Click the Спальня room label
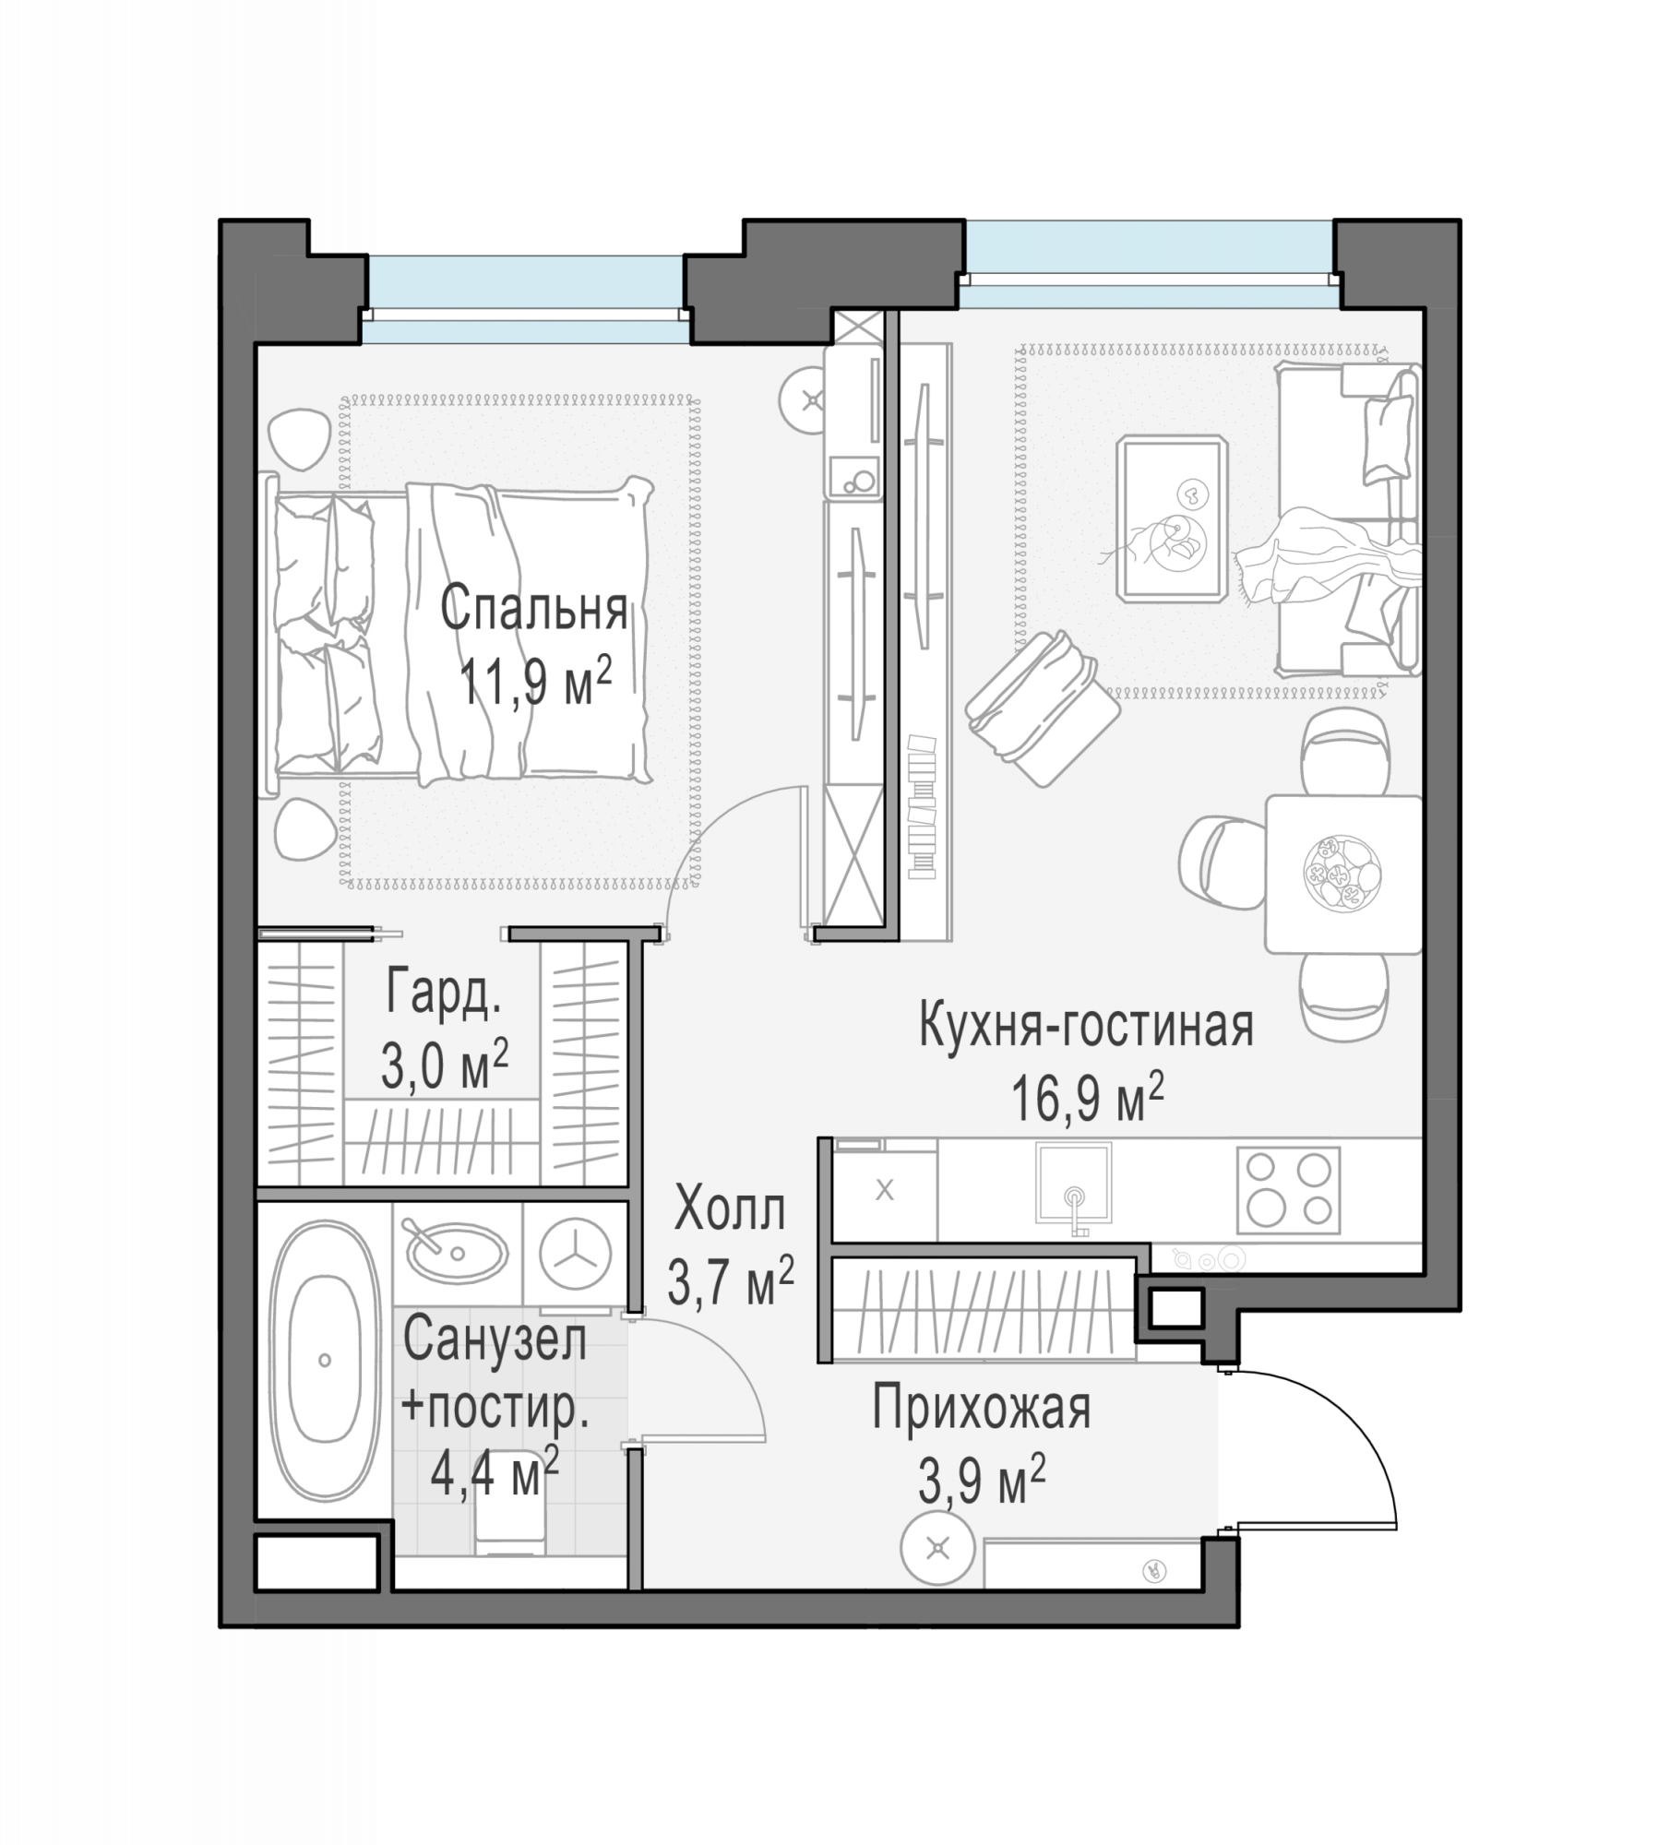tap(533, 609)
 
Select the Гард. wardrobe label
tap(444, 991)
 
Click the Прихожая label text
tap(982, 1409)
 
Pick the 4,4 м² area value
tap(495, 1473)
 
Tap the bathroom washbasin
tap(458, 1252)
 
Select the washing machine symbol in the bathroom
tap(576, 1255)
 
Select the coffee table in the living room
tap(1173, 520)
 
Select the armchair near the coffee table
tap(1043, 708)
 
